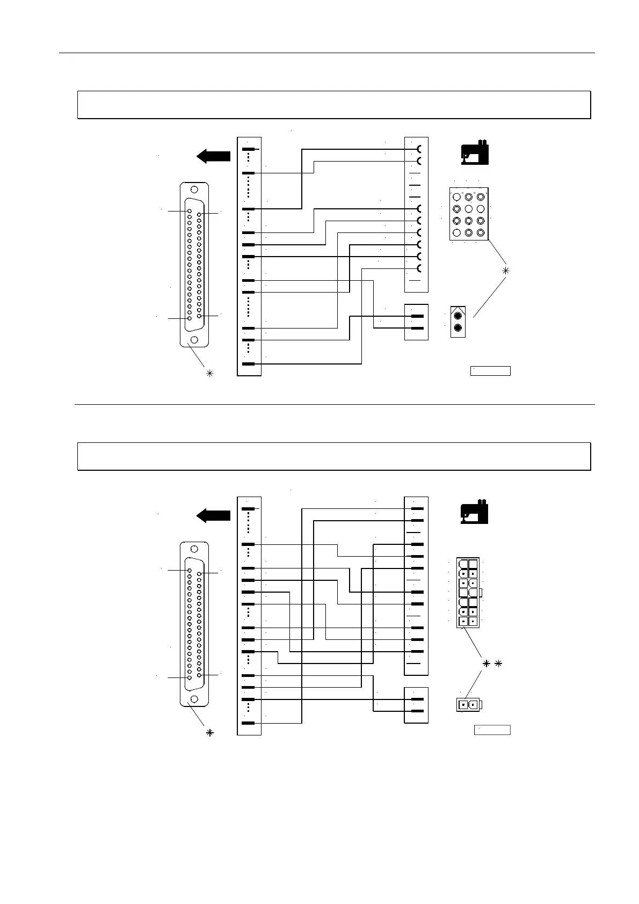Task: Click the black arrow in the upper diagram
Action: coord(213,156)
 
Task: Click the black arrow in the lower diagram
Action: coord(213,516)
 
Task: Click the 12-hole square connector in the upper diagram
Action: coord(468,214)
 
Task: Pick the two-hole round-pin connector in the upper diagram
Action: coord(458,322)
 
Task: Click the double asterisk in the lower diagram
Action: coord(491,664)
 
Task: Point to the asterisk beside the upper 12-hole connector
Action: coord(505,271)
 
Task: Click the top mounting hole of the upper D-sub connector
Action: coord(194,189)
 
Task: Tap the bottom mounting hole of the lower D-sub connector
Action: coord(194,698)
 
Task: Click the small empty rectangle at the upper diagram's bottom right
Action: coord(490,370)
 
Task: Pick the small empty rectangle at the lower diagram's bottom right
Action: coord(491,730)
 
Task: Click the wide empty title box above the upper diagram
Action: coord(334,105)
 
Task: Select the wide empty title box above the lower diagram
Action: coord(334,456)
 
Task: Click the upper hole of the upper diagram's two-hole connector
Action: coord(458,316)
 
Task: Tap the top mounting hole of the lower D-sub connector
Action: coord(194,549)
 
